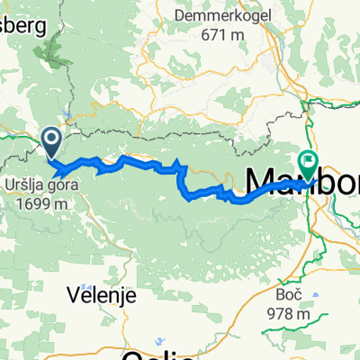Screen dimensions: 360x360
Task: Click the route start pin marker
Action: point(51,139)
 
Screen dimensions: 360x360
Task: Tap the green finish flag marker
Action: point(310,163)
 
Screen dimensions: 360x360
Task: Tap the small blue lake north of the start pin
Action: point(67,114)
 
